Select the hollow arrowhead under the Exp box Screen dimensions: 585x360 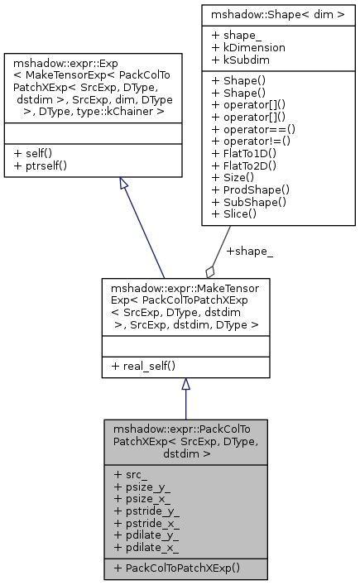[125, 184]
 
